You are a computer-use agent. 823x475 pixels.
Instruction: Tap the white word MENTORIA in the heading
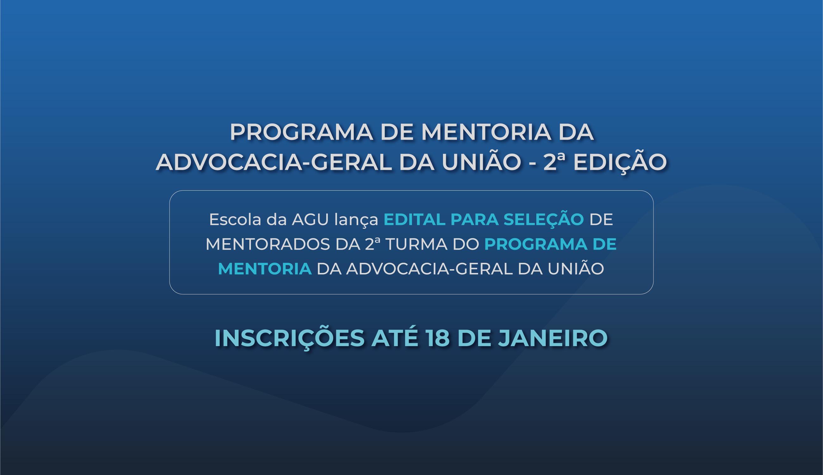coord(486,132)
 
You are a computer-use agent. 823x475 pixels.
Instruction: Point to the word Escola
coord(235,219)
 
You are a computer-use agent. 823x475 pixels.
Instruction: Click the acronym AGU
coord(310,219)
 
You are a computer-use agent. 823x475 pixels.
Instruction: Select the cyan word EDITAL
coord(414,219)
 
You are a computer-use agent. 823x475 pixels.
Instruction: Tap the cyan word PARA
coord(475,219)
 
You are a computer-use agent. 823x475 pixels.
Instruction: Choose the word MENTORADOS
coord(268,244)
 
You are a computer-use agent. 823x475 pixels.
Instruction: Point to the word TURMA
coord(416,244)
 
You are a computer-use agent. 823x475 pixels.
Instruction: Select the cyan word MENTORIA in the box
coord(265,269)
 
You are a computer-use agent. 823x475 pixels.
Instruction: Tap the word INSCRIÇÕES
coord(290,338)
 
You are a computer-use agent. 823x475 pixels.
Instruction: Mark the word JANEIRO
coord(553,338)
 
